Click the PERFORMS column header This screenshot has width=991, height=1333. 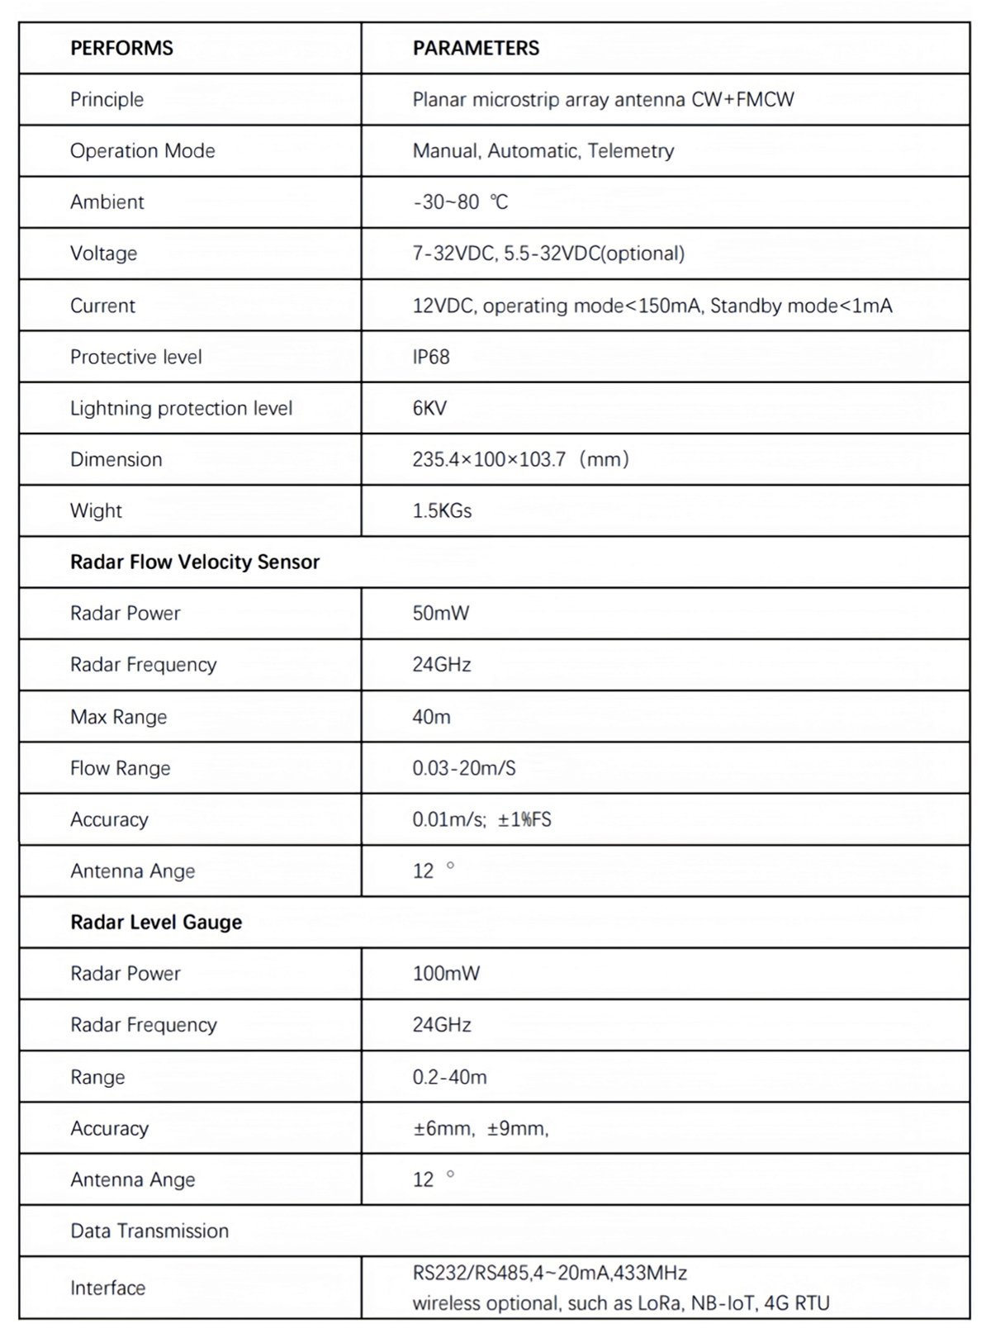[121, 48]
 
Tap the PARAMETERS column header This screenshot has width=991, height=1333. [476, 48]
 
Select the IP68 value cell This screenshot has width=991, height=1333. [431, 357]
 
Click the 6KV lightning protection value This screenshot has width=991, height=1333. [429, 408]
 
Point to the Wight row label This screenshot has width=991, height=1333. [96, 510]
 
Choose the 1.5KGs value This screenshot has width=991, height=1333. [442, 510]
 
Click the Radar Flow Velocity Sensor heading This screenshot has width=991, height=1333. [194, 562]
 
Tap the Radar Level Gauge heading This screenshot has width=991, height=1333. [156, 922]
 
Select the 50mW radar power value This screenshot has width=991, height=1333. [441, 613]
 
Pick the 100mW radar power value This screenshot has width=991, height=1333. [446, 973]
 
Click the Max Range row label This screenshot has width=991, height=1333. [118, 716]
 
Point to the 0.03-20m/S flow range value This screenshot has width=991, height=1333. [464, 768]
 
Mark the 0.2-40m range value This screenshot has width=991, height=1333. [449, 1076]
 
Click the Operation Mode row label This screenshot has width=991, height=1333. [142, 150]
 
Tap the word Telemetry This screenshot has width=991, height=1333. [631, 150]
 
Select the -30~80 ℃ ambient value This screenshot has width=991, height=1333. [460, 202]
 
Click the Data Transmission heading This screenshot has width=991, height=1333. [149, 1231]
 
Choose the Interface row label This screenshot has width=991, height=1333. [107, 1288]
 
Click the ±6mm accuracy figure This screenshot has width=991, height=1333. [443, 1128]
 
